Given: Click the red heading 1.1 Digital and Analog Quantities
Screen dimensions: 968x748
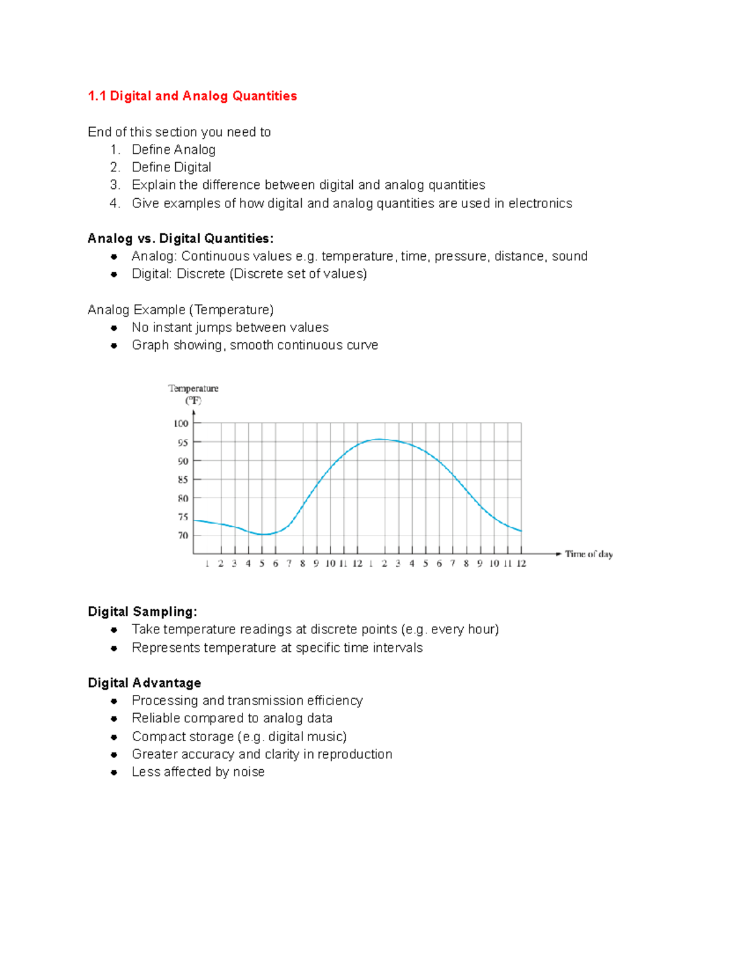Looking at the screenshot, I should tap(192, 96).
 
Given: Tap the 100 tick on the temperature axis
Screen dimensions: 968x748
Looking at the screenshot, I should tap(181, 423).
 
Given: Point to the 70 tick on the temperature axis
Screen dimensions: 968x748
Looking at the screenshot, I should tap(183, 535).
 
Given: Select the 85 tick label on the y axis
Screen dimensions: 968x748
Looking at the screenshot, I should tap(183, 480).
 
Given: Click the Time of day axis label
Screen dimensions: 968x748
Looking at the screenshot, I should tap(588, 553).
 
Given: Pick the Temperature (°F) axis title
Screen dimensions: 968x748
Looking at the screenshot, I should tap(193, 394).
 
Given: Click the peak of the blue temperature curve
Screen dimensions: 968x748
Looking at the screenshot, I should tap(379, 439).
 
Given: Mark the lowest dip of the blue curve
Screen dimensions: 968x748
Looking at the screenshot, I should tap(264, 534).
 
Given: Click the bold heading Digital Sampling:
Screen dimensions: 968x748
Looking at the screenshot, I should tap(142, 611).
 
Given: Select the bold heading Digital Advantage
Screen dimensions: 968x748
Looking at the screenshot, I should tap(144, 683).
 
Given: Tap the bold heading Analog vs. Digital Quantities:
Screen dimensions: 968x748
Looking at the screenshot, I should tap(180, 239).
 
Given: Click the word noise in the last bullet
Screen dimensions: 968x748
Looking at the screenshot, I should tap(249, 772).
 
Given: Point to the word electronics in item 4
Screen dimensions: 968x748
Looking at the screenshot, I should tap(540, 203).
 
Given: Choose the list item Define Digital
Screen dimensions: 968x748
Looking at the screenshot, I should tap(171, 167).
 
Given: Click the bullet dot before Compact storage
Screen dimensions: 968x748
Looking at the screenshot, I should tap(114, 737).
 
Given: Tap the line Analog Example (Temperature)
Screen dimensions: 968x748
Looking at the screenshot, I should tap(180, 310).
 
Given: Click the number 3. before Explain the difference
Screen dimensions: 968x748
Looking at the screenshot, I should tap(115, 185).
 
